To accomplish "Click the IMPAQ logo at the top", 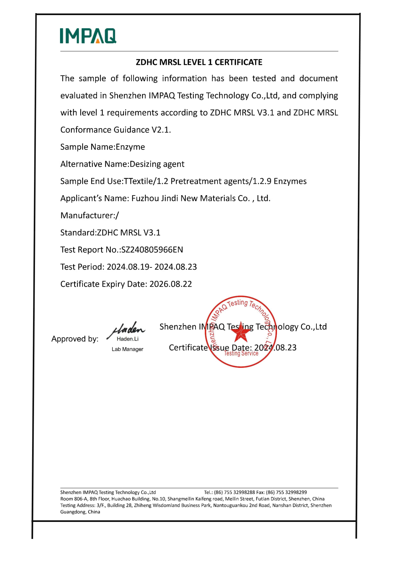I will (88, 36).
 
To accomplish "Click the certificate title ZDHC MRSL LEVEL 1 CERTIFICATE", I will (199, 62).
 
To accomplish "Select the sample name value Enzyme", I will (130, 147).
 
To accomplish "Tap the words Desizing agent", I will (157, 164).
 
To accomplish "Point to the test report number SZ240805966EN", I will (152, 250).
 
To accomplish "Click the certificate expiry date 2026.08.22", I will (171, 284).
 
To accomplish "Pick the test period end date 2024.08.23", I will (176, 267).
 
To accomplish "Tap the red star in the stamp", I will (241, 332).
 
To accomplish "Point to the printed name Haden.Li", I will (128, 339).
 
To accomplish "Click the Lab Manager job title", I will (127, 349).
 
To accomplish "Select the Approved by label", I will (75, 339).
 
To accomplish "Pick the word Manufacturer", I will (87, 215).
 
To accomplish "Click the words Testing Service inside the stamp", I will (241, 353).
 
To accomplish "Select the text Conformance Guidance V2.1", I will (116, 130).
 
